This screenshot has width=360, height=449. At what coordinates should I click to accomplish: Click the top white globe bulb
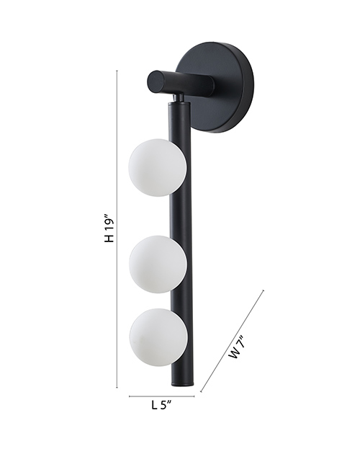click(x=158, y=167)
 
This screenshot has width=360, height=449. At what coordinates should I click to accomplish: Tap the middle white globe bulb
click(x=158, y=264)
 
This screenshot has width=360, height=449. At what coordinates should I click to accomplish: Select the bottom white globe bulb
click(x=158, y=337)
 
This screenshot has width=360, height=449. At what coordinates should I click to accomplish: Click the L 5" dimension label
click(x=161, y=405)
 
